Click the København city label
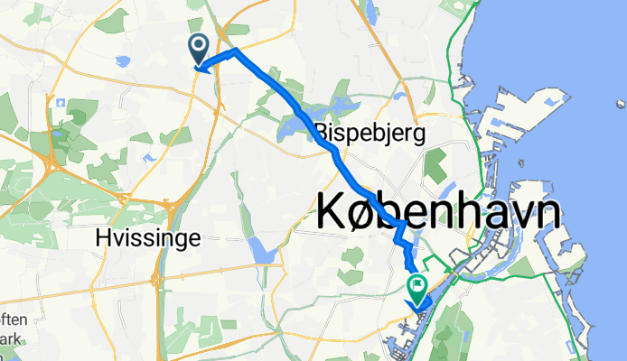click(x=439, y=213)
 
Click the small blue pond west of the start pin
click(x=123, y=61)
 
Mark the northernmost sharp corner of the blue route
click(x=236, y=51)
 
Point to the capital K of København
click(x=334, y=213)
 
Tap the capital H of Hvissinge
click(x=100, y=237)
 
